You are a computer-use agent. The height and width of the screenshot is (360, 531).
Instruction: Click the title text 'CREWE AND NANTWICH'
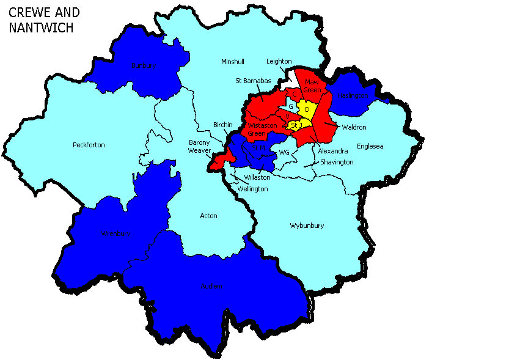(44, 20)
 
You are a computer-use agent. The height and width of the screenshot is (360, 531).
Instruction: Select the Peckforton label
(89, 145)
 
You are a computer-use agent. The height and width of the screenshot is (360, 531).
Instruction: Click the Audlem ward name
(211, 286)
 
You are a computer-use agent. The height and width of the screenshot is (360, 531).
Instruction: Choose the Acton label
(208, 216)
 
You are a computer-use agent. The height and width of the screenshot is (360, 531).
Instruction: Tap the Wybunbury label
(307, 226)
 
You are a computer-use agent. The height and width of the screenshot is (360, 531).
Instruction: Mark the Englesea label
(370, 146)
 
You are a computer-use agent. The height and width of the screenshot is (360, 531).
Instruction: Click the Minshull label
(233, 62)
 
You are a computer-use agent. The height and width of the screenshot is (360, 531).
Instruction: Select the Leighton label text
(279, 61)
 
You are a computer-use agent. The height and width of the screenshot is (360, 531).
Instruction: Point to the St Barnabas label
(254, 80)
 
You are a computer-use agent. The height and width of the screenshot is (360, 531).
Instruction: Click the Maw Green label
(312, 86)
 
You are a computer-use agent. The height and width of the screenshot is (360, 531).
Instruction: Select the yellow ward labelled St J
(297, 125)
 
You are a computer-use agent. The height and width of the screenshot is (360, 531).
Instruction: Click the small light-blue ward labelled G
(291, 106)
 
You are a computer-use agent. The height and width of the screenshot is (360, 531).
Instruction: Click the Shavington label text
(337, 162)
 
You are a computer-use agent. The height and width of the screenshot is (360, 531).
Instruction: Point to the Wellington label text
(253, 189)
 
